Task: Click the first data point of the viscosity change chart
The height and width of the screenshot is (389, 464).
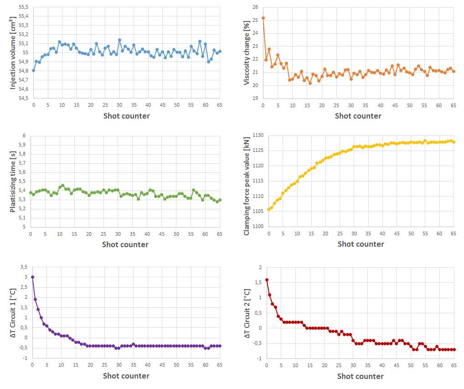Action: tap(263, 18)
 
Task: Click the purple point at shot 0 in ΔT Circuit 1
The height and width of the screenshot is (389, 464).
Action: tap(32, 277)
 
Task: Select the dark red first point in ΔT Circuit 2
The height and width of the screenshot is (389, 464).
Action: tap(267, 280)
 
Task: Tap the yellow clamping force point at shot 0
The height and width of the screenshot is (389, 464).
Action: tap(268, 210)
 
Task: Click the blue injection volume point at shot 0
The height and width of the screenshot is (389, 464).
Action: tap(33, 70)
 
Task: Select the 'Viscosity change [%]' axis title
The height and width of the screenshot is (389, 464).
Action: tap(247, 53)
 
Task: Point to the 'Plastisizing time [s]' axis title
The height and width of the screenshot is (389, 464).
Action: tap(13, 182)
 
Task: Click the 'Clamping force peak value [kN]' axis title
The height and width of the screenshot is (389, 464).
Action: tap(247, 181)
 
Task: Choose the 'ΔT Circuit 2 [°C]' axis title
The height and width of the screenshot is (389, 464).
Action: tap(247, 314)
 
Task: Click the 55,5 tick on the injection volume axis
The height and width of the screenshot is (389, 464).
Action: tap(21, 7)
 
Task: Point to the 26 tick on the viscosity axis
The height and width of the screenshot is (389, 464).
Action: tap(255, 7)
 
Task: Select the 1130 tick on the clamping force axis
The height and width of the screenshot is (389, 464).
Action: tap(258, 135)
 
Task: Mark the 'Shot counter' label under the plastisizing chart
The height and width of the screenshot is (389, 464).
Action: tap(125, 244)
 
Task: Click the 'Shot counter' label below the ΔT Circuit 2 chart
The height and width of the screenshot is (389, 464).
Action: tap(360, 376)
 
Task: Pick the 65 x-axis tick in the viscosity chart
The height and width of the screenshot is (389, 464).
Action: tap(454, 105)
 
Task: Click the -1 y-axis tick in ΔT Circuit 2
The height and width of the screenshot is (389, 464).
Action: tap(258, 358)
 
